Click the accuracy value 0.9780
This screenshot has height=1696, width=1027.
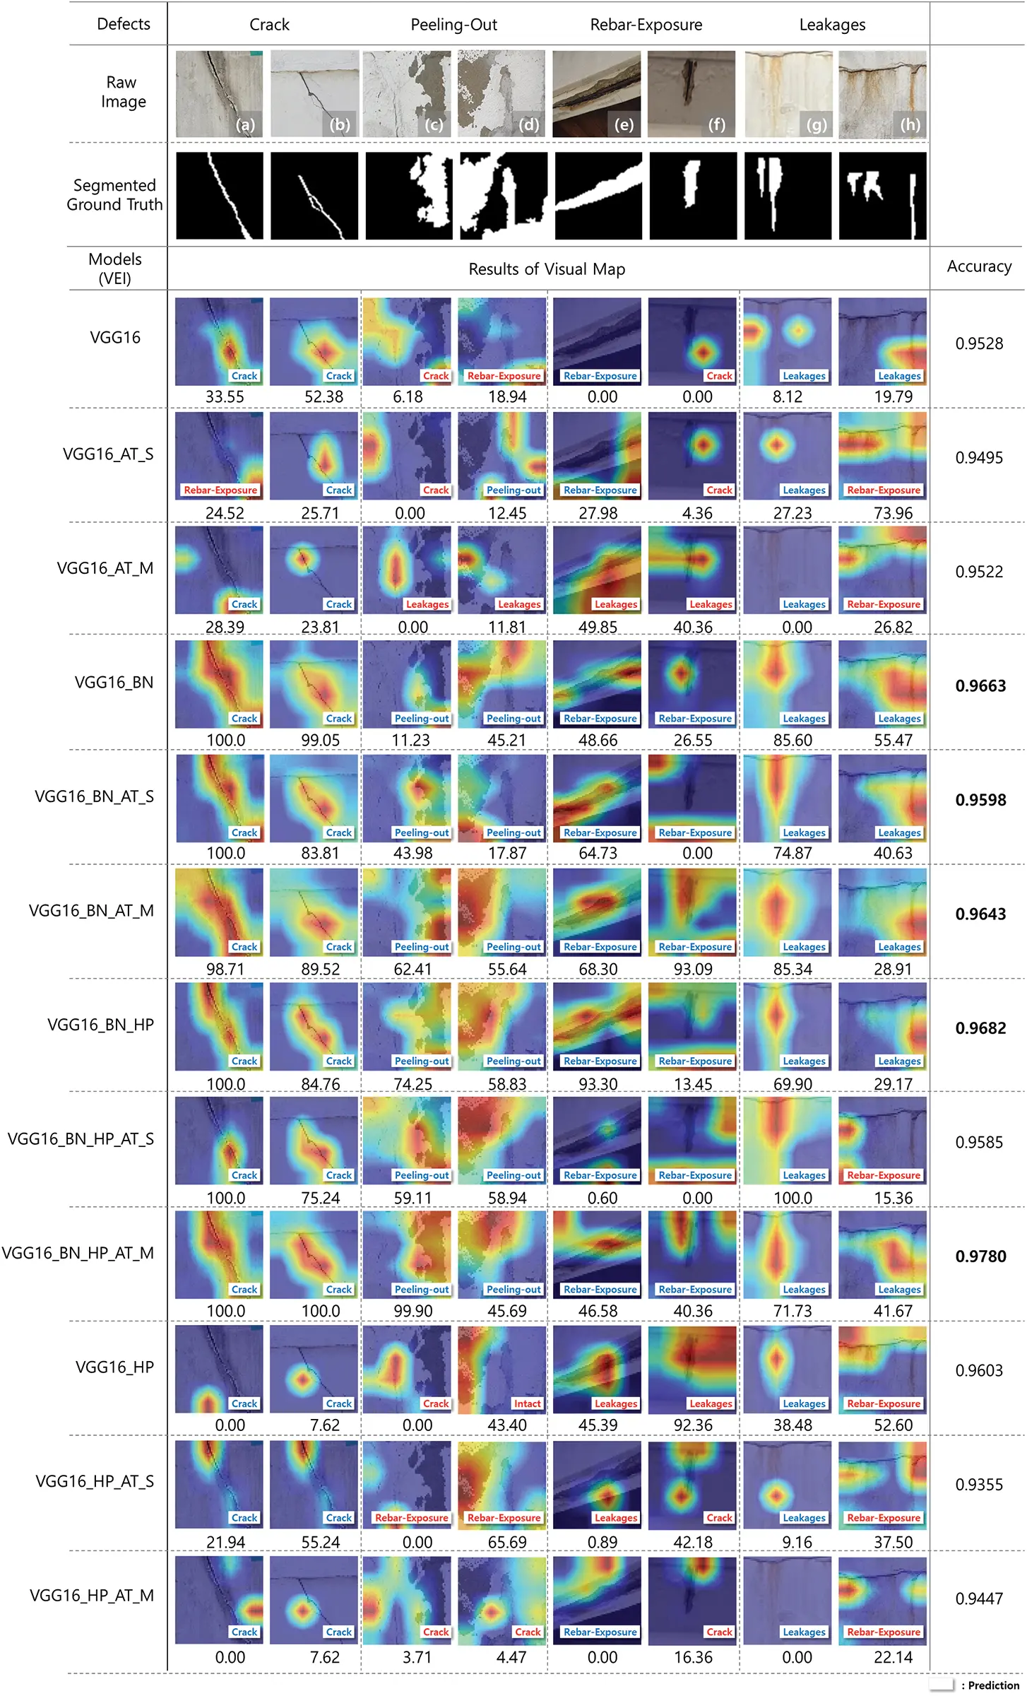click(x=980, y=1256)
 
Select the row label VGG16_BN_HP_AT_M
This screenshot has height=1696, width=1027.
click(x=78, y=1253)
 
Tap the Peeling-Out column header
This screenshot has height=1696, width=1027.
click(x=453, y=25)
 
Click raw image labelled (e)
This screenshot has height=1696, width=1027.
click(x=596, y=93)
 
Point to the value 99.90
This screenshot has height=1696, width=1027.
click(x=412, y=1311)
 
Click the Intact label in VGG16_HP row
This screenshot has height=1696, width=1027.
click(x=527, y=1403)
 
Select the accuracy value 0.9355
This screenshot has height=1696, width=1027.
click(x=979, y=1484)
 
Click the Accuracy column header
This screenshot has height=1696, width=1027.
click(x=979, y=266)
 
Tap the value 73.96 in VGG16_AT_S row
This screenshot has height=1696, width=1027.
click(x=893, y=513)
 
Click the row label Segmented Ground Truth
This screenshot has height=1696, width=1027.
click(x=114, y=195)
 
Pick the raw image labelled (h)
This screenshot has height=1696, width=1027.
click(x=882, y=93)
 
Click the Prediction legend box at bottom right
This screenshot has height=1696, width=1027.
click(x=941, y=1685)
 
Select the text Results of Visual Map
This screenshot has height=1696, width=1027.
click(x=547, y=269)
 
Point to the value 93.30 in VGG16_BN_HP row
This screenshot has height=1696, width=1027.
click(x=598, y=1083)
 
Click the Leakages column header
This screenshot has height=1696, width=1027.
click(x=832, y=25)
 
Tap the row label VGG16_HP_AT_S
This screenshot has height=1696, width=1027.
click(x=95, y=1481)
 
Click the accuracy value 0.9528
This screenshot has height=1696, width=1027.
click(x=979, y=343)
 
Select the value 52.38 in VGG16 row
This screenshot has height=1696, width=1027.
click(x=323, y=396)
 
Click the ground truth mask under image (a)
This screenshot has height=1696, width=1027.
click(x=219, y=196)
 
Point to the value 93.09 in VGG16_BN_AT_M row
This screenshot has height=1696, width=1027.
click(x=692, y=969)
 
